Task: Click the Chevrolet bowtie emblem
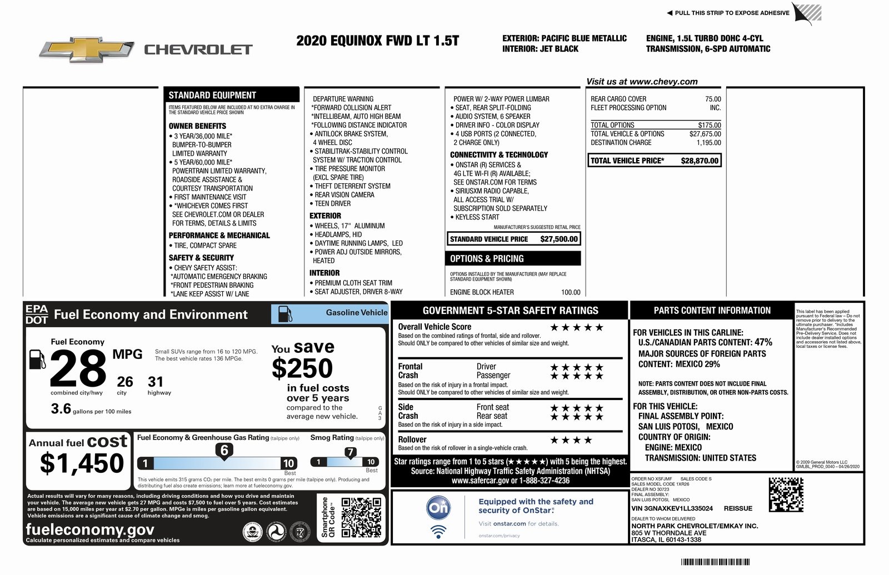click(x=87, y=49)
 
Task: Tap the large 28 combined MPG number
click(x=78, y=369)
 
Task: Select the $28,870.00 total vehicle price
click(x=699, y=161)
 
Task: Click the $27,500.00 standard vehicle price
click(x=559, y=239)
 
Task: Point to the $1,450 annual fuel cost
click(x=82, y=463)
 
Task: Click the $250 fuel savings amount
click(x=302, y=368)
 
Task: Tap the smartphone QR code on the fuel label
click(x=361, y=518)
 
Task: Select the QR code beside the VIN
click(x=786, y=494)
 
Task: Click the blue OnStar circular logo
click(x=438, y=507)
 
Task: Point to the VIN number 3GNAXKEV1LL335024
click(x=672, y=508)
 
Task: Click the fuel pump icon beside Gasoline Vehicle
click(x=285, y=314)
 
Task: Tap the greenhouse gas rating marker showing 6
click(x=224, y=451)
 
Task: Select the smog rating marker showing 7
click(x=350, y=453)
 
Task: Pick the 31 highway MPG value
click(x=156, y=382)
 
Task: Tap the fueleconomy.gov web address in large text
click(x=90, y=529)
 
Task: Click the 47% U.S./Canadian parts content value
click(x=763, y=343)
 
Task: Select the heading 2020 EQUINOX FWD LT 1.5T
click(x=377, y=41)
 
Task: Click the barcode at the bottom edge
click(x=715, y=562)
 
